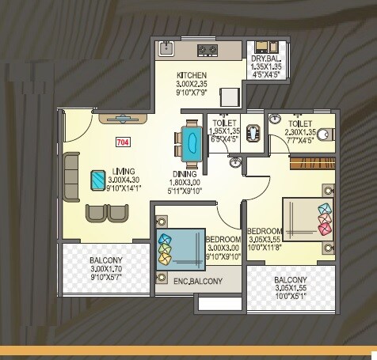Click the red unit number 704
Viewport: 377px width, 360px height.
click(123, 143)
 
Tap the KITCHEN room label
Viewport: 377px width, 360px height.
click(191, 76)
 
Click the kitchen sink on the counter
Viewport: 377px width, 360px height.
click(168, 49)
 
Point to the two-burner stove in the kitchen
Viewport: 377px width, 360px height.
click(208, 51)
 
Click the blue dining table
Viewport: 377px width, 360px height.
click(191, 142)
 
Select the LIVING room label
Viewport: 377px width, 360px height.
click(122, 171)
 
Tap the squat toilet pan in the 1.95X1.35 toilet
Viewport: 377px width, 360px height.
click(252, 131)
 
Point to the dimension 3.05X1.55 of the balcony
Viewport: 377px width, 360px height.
click(291, 290)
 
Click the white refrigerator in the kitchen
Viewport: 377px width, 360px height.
click(228, 96)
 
